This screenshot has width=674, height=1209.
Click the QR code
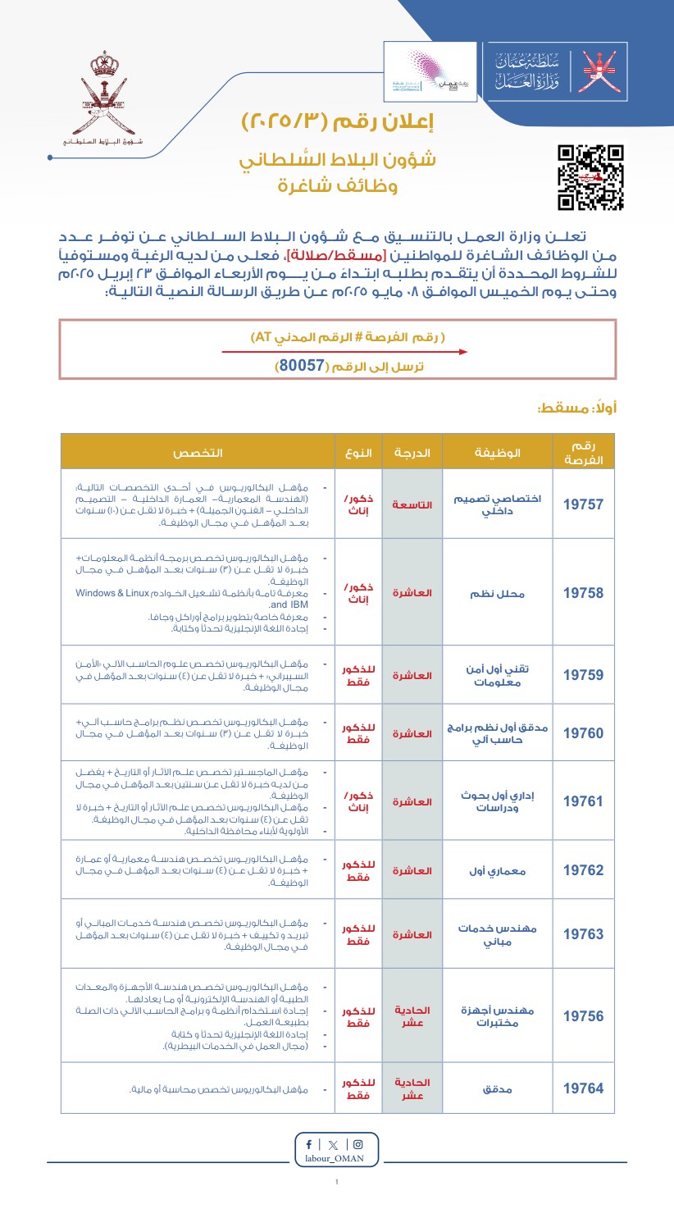point(590,177)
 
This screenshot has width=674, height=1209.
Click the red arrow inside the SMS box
point(344,352)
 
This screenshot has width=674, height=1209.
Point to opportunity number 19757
point(583,504)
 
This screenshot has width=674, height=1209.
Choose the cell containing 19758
point(583,593)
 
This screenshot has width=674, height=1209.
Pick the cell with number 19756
point(583,1016)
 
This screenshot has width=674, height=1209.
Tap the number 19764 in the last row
point(583,1088)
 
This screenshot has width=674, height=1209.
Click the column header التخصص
point(197,453)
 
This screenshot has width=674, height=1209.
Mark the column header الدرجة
point(412,453)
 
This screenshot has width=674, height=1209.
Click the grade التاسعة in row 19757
point(412,504)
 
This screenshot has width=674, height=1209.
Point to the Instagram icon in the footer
point(357,1144)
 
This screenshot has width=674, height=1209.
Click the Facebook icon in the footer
point(308,1144)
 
